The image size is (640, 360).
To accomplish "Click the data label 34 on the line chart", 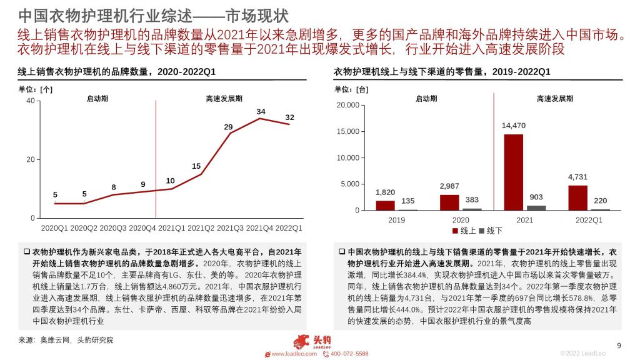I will (261, 112).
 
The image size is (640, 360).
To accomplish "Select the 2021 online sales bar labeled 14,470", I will (513, 172).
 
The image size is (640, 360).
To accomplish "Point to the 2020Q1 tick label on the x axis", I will (54, 227).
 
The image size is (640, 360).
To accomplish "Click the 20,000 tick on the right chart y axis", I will (347, 105).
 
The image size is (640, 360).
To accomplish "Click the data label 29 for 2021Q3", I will (228, 127).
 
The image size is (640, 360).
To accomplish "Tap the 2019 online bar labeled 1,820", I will (385, 205).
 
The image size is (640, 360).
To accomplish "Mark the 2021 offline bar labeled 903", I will (536, 207).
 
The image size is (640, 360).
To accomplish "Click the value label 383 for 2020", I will (472, 200).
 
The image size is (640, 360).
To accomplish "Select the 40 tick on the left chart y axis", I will (31, 101).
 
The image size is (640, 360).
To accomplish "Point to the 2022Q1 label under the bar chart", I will (589, 220).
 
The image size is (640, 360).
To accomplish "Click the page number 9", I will (619, 346).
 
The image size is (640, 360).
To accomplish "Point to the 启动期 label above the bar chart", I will (426, 99).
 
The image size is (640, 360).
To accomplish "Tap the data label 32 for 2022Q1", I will (289, 117).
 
